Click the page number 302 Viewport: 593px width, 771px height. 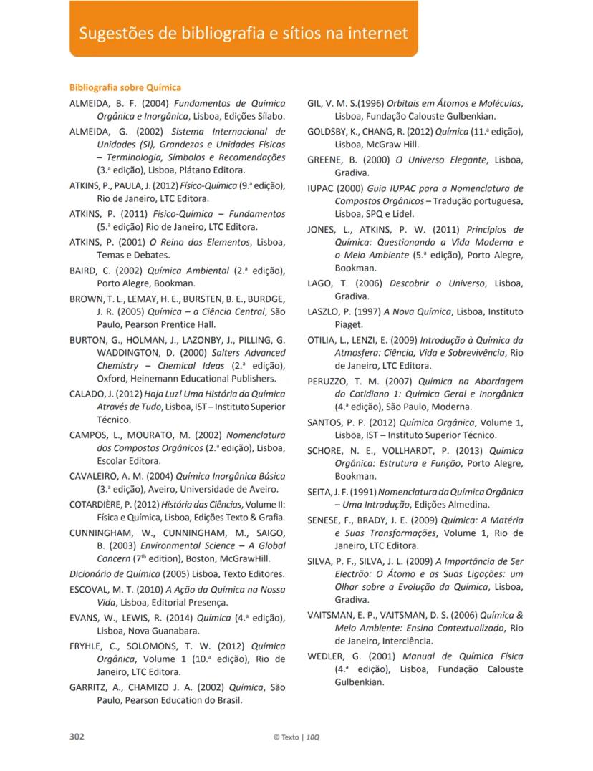[x=77, y=737]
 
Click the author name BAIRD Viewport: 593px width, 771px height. [x=83, y=270]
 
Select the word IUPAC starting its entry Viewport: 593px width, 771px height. [x=320, y=188]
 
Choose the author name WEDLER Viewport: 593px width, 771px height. [x=327, y=656]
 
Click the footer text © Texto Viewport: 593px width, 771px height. [x=286, y=737]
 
